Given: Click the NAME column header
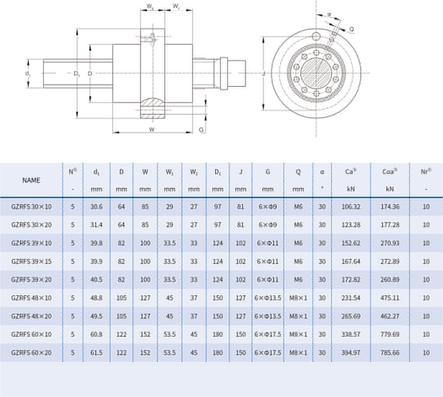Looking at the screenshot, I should click(31, 180).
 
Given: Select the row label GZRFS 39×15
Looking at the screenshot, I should click(31, 262).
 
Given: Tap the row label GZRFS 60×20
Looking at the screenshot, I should click(31, 353).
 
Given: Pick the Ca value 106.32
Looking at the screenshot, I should click(351, 207).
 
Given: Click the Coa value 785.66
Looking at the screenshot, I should click(390, 353).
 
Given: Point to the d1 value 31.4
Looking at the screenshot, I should click(97, 225).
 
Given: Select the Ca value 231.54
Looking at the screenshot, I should click(351, 298).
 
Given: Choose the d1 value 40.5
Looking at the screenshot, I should click(97, 280).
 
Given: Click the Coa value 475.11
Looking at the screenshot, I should click(390, 298).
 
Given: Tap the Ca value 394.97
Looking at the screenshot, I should click(351, 353).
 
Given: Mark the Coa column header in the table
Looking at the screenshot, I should click(389, 172).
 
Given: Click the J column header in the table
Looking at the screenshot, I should click(241, 172).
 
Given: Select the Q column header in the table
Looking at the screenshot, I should click(298, 172).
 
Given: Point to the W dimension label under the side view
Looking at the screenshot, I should click(152, 129).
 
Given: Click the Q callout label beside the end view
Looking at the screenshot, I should click(352, 29).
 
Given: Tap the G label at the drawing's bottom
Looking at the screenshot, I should click(201, 130).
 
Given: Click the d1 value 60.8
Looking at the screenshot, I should click(97, 334).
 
